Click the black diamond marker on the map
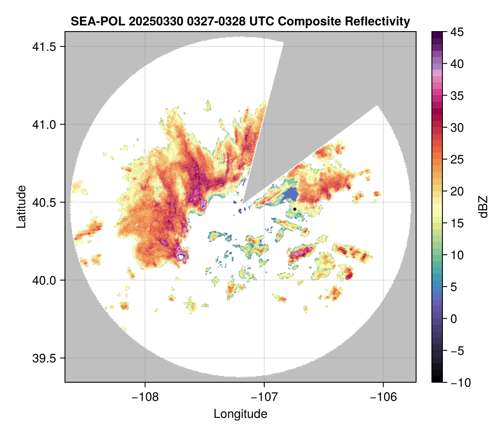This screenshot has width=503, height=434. click(x=295, y=209)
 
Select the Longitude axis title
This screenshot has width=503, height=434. click(x=240, y=413)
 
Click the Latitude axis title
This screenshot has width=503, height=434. click(x=21, y=206)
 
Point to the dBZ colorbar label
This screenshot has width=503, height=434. click(x=483, y=206)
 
